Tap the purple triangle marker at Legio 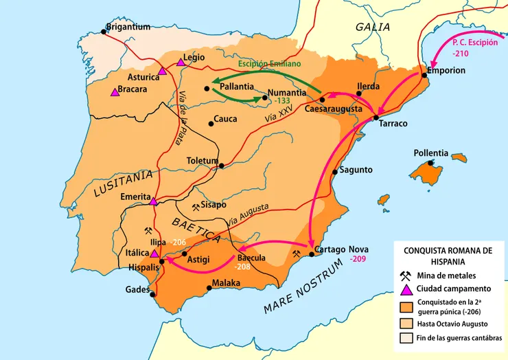(181, 63)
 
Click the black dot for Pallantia (207, 88)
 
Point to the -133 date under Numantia (283, 101)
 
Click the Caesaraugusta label (333, 109)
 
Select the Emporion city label (446, 71)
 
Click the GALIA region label (373, 27)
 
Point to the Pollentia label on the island (430, 153)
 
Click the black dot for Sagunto (334, 172)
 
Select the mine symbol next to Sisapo (196, 205)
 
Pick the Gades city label (137, 290)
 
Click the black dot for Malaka (209, 289)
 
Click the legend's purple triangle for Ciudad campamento (406, 289)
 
